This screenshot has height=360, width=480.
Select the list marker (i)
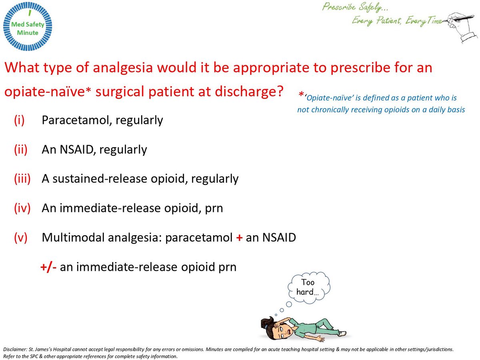pos(20,120)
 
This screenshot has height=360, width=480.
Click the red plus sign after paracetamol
pos(239,238)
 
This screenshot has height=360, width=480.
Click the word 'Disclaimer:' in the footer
pos(15,349)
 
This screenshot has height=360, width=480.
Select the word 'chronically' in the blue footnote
pos(330,110)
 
